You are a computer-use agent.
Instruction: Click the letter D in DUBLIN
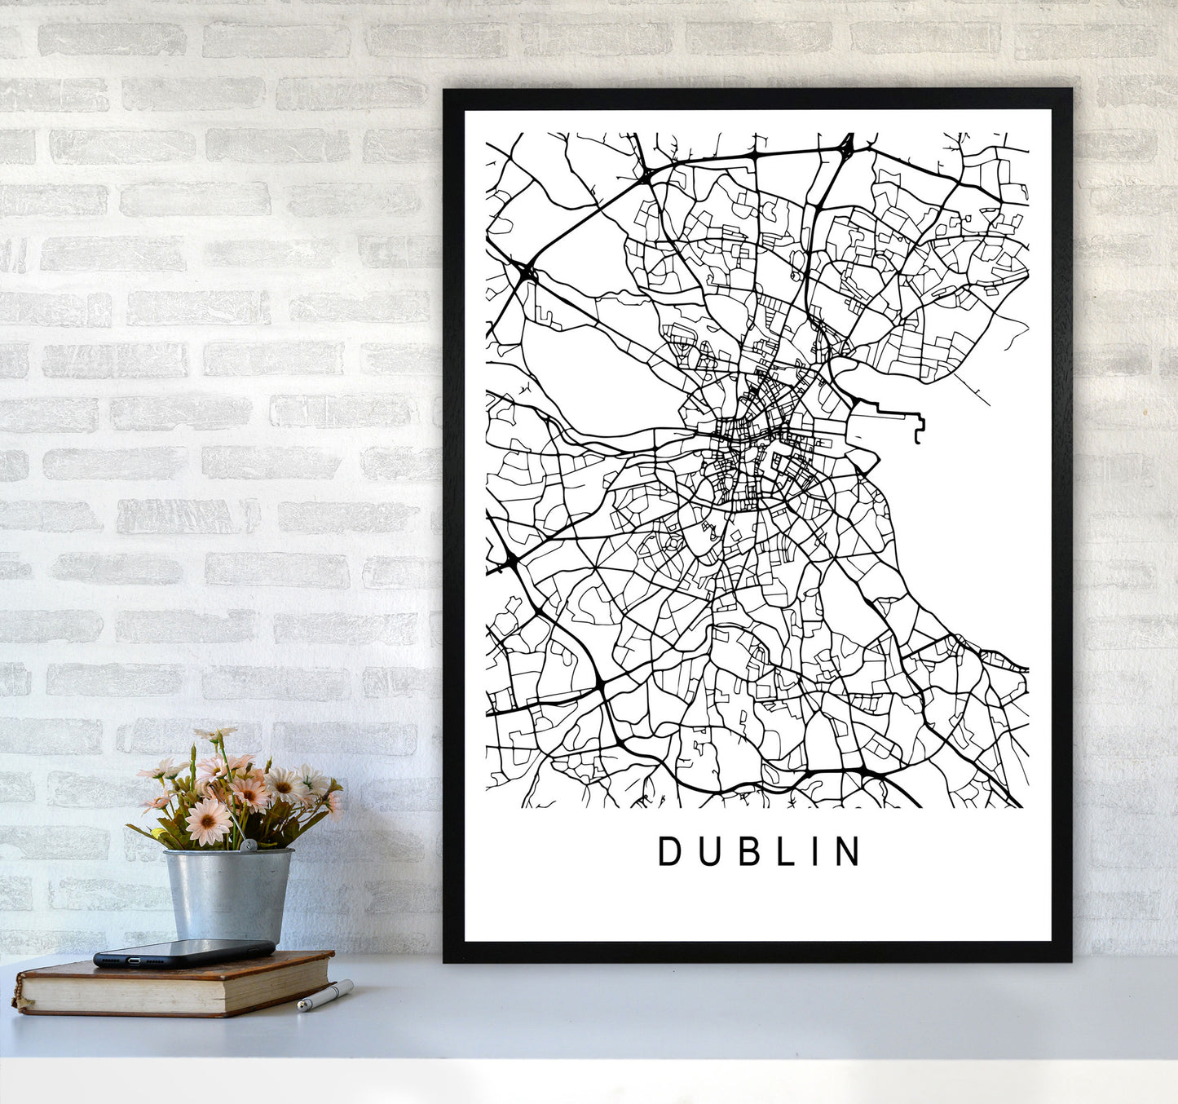[x=668, y=851]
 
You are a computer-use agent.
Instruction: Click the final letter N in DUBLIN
[x=848, y=851]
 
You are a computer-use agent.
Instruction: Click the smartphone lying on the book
[x=183, y=952]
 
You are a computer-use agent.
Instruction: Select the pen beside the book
[x=324, y=996]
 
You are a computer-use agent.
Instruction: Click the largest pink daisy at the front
[x=208, y=820]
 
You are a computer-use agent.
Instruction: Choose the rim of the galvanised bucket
[x=228, y=853]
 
